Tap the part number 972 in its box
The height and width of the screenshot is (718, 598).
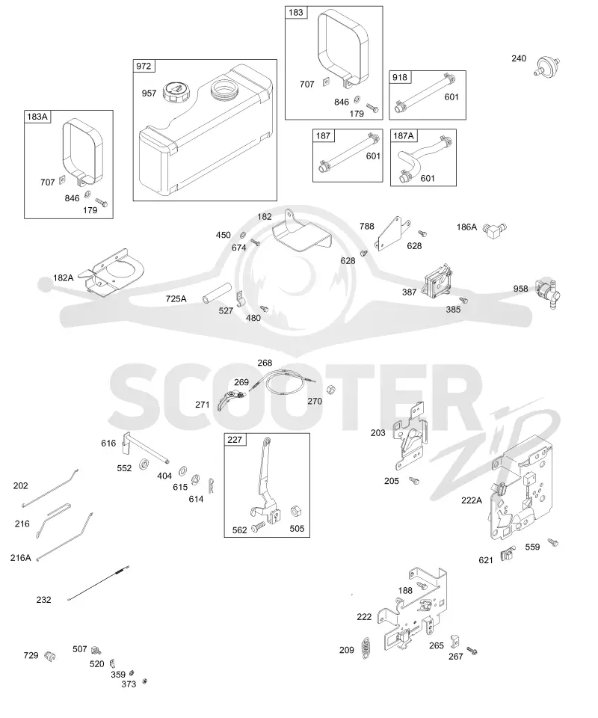pyautogui.click(x=144, y=66)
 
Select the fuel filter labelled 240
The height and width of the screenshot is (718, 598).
pyautogui.click(x=546, y=67)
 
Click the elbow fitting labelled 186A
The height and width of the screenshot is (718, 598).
pyautogui.click(x=496, y=230)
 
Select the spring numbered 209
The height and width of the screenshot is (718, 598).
pyautogui.click(x=366, y=648)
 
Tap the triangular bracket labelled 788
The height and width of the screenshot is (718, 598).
pyautogui.click(x=393, y=234)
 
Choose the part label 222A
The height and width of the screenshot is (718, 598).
pyautogui.click(x=471, y=500)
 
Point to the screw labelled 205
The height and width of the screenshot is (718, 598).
pyautogui.click(x=415, y=480)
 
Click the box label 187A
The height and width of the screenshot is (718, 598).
pyautogui.click(x=403, y=136)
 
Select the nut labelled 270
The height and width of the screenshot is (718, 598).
pyautogui.click(x=331, y=390)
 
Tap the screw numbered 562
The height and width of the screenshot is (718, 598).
pyautogui.click(x=259, y=526)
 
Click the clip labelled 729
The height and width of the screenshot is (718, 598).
pyautogui.click(x=49, y=657)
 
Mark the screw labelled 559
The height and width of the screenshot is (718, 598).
pyautogui.click(x=553, y=543)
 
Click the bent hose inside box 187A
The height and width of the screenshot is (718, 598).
pyautogui.click(x=421, y=157)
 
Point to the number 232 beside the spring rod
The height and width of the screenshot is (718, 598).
pyautogui.click(x=44, y=600)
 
